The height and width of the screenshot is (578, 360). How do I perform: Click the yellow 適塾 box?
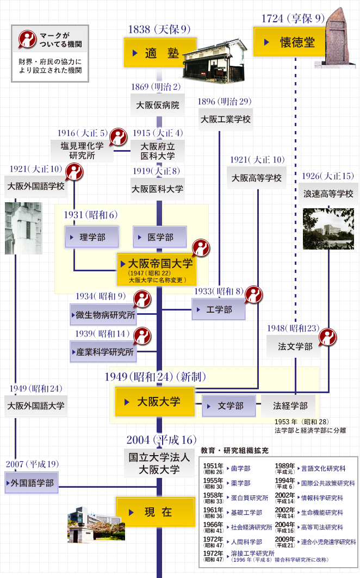pyautogui.click(x=160, y=53)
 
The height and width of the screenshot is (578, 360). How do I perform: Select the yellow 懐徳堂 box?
pyautogui.click(x=290, y=42)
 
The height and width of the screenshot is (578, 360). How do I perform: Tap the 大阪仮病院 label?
pyautogui.click(x=158, y=105)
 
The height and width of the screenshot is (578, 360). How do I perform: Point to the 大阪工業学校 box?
pyautogui.click(x=226, y=120)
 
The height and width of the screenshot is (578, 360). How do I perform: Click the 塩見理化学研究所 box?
pyautogui.click(x=82, y=151)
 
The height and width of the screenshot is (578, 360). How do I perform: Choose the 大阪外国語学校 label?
pyautogui.click(x=36, y=187)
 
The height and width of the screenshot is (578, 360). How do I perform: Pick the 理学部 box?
pyautogui.click(x=92, y=237)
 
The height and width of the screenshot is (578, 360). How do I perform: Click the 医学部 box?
pyautogui.click(x=160, y=237)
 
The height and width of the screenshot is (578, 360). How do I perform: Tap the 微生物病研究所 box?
pyautogui.click(x=103, y=315)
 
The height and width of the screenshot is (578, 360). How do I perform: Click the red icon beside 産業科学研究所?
pyautogui.click(x=142, y=336)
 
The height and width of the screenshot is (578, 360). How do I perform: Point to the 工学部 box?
pyautogui.click(x=219, y=309)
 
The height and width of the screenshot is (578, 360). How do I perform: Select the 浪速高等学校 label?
pyautogui.click(x=328, y=194)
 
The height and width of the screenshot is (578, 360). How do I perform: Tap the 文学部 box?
pyautogui.click(x=229, y=406)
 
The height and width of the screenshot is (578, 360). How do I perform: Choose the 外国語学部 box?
pyautogui.click(x=32, y=483)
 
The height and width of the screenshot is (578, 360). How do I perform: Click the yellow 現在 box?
pyautogui.click(x=156, y=512)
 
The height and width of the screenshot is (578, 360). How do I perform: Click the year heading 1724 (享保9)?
pyautogui.click(x=293, y=18)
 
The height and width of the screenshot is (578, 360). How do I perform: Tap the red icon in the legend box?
pyautogui.click(x=27, y=40)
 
